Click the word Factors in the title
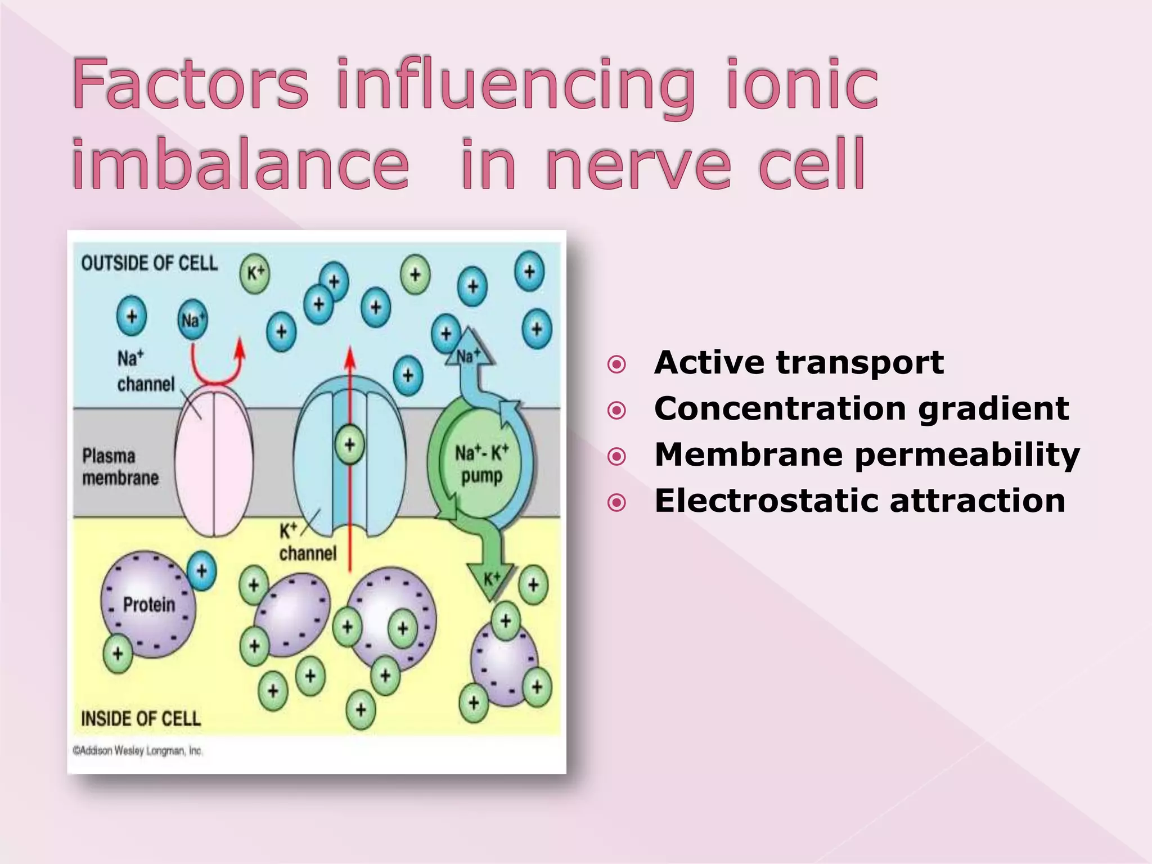pyautogui.click(x=190, y=84)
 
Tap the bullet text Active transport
pyautogui.click(x=799, y=362)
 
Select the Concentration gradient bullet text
pyautogui.click(x=861, y=408)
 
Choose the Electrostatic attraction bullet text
pyautogui.click(x=859, y=501)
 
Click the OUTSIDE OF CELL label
pyautogui.click(x=149, y=263)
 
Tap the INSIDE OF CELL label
pyautogui.click(x=141, y=718)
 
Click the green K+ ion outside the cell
pyautogui.click(x=255, y=273)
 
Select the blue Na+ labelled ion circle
pyautogui.click(x=192, y=320)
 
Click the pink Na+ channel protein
pyautogui.click(x=214, y=461)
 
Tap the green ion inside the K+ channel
pyautogui.click(x=349, y=444)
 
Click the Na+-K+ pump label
pyautogui.click(x=481, y=464)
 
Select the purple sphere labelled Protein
pyautogui.click(x=148, y=605)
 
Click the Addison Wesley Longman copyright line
pyautogui.click(x=137, y=751)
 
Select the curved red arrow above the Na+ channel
pyautogui.click(x=217, y=366)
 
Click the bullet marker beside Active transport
pyautogui.click(x=616, y=364)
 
